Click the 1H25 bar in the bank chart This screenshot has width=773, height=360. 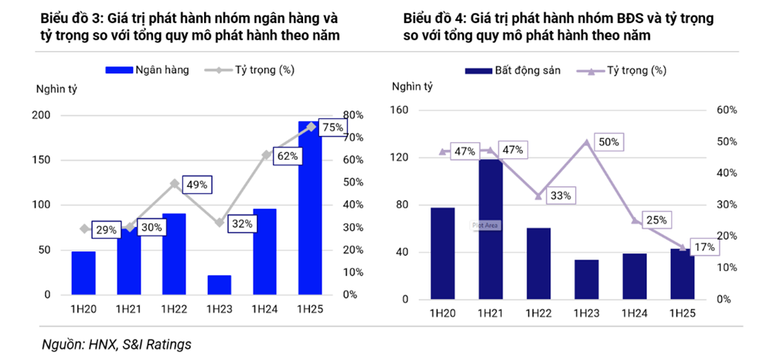pyautogui.click(x=310, y=209)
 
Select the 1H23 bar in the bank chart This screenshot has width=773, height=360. pyautogui.click(x=220, y=285)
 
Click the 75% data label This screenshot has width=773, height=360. pyautogui.click(x=332, y=127)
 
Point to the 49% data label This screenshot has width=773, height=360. pyautogui.click(x=197, y=185)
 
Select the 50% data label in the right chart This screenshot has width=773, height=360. pyautogui.click(x=608, y=142)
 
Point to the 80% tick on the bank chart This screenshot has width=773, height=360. pyautogui.click(x=352, y=116)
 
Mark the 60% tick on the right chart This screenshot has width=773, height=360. pyautogui.click(x=727, y=110)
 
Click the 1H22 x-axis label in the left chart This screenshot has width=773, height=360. pyautogui.click(x=174, y=310)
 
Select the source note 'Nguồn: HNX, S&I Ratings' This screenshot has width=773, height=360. pyautogui.click(x=116, y=345)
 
